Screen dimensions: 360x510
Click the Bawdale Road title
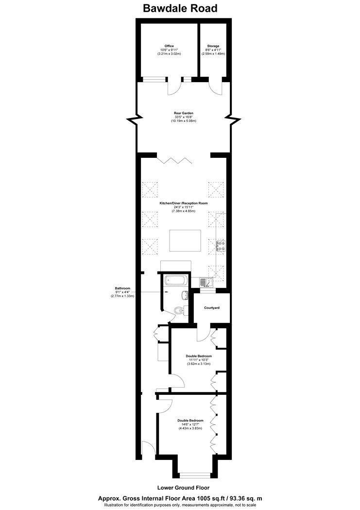coord(180,8)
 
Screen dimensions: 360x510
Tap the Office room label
coord(169,46)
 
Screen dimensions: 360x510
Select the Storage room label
coord(213,46)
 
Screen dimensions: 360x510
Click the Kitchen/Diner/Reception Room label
coord(183,204)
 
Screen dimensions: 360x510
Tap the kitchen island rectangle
coord(185,241)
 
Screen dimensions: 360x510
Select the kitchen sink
coord(206,282)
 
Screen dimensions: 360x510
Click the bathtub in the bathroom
coord(175,280)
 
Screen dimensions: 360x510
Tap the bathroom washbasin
coord(185,295)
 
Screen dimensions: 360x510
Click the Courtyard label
coord(212,307)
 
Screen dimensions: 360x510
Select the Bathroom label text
coord(122,288)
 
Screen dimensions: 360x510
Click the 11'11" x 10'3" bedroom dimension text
coord(199,360)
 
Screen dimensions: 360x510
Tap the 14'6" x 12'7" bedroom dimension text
coord(190,425)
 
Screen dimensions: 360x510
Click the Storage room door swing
coord(216,88)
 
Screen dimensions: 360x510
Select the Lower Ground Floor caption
coord(184,488)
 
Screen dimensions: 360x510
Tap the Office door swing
coord(174,88)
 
